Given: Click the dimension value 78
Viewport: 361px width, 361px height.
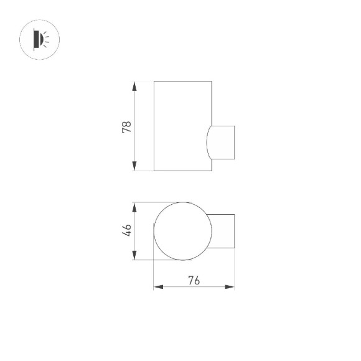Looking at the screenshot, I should pos(127,127).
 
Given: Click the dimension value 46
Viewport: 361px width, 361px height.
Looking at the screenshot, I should pos(127,231).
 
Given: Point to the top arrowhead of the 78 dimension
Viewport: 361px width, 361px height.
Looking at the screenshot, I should pos(134,85).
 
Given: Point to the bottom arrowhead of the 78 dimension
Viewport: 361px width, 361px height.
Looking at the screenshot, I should pos(134,167).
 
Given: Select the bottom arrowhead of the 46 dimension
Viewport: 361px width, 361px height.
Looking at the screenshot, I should pos(134,256).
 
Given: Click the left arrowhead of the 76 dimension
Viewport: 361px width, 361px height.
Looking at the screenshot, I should pos(157,287).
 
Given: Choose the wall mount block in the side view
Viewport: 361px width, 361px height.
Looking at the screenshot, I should pos(224,141).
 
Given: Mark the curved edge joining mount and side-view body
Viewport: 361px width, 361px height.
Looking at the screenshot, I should pos(208,141).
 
